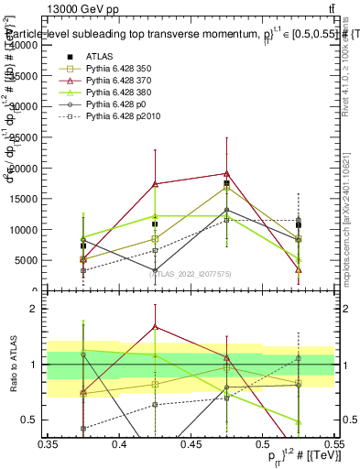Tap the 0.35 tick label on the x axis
(x=48, y=442)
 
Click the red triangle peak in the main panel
(x=226, y=173)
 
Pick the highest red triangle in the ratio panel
(x=155, y=326)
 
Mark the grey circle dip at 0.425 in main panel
(x=155, y=270)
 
